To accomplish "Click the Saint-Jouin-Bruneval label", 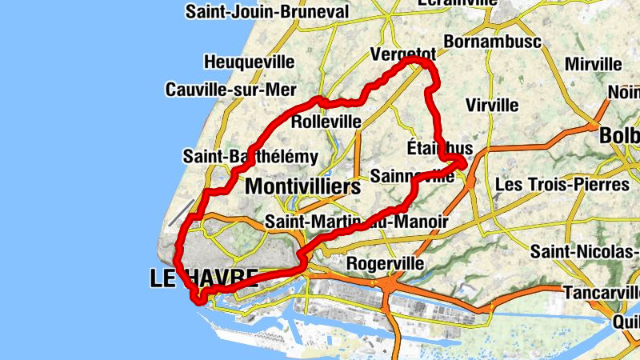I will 267,12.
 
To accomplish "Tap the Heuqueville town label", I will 250,62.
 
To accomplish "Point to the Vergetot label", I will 403,54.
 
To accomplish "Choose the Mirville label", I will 593,64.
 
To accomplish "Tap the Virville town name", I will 492,105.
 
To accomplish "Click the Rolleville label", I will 326,122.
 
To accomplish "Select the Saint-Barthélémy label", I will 250,157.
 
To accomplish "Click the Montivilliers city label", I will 302,187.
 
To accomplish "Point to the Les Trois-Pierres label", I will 562,185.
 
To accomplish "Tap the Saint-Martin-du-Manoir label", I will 357,222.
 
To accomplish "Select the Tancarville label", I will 601,293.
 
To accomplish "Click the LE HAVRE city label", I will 204,278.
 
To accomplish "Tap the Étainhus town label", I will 439,149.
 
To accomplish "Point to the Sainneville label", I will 412,176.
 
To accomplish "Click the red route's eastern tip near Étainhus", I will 463,163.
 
